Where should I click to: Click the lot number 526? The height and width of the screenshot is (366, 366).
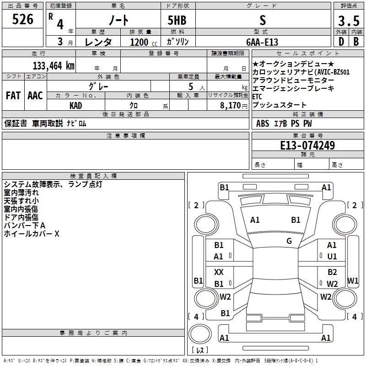point(22,20)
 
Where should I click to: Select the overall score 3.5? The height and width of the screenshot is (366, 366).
point(348,21)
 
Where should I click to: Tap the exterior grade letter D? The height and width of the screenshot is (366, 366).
point(341,42)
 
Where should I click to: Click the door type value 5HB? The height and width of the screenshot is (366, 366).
point(177,20)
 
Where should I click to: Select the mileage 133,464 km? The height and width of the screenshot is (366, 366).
point(53,65)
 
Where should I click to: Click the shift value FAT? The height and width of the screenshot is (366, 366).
point(13,96)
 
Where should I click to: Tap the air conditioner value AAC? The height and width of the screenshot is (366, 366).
point(35,96)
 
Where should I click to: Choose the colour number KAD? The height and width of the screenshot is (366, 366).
point(75,106)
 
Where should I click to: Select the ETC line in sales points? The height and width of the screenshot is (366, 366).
point(257,97)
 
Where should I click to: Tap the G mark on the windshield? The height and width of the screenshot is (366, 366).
point(289,241)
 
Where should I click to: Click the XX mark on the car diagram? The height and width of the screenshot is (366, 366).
point(219,272)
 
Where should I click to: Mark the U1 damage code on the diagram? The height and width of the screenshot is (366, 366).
point(332,256)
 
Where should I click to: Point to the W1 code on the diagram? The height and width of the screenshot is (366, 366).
point(353,280)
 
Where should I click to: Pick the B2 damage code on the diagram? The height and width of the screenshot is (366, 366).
point(332,272)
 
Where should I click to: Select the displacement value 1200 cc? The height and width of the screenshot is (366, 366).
point(141,42)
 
